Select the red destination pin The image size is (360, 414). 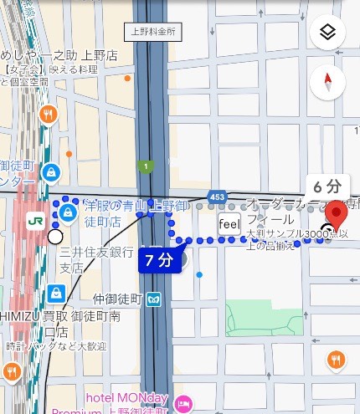click(337, 215)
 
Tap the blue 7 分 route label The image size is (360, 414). click(158, 259)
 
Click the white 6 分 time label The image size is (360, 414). click(327, 186)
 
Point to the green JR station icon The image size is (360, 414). click(35, 220)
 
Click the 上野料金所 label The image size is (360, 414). click(152, 33)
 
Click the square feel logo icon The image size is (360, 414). click(229, 224)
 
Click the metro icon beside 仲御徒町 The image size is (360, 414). click(154, 298)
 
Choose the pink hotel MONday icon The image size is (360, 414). click(184, 405)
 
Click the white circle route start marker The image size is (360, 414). click(55, 237)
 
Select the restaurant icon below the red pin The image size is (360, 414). click(336, 360)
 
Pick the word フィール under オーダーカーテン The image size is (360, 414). click(268, 218)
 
